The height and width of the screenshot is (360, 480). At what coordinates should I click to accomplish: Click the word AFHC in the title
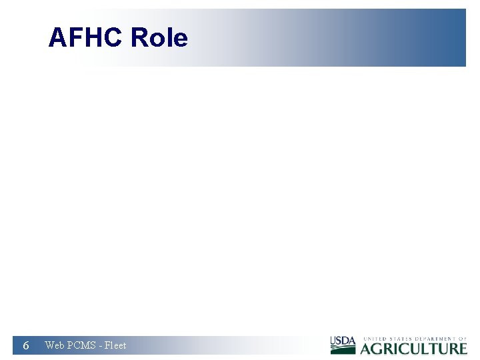point(86,37)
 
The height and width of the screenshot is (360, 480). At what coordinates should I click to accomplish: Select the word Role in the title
point(159,37)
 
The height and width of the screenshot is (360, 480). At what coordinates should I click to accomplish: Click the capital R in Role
point(139,37)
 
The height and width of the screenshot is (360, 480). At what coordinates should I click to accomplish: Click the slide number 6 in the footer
point(25,345)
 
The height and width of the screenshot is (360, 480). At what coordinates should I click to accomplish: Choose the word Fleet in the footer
point(115,345)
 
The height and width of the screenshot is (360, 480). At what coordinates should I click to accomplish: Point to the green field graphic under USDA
point(343,349)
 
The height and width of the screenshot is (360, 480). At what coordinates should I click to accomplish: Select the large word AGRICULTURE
point(414,348)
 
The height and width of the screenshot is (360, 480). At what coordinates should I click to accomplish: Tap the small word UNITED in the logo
point(374,339)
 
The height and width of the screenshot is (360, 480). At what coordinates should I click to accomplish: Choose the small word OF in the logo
point(463,339)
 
